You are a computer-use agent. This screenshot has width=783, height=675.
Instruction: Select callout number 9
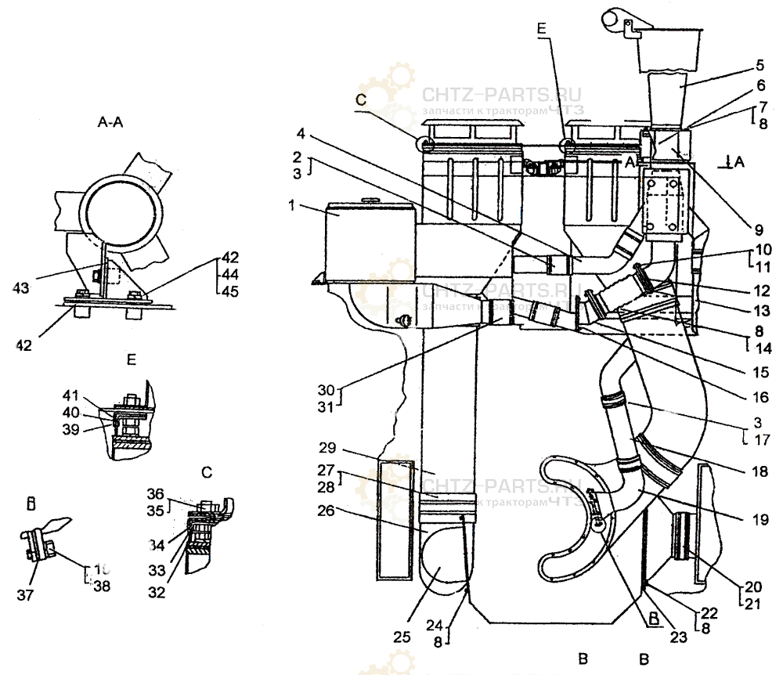758,230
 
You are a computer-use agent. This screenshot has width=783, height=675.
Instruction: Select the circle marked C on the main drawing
425,144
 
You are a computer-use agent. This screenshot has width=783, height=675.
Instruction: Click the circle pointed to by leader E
566,144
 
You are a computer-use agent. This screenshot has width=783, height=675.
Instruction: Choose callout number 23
678,637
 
